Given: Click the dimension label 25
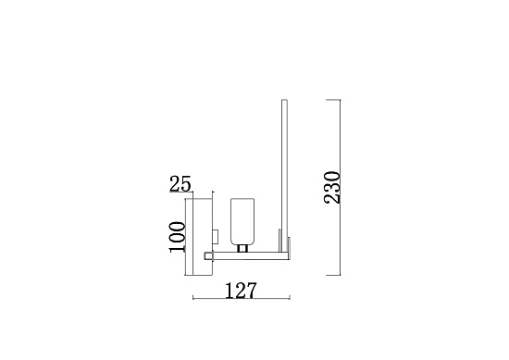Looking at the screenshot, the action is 180,184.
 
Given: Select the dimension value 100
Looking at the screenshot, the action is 177,237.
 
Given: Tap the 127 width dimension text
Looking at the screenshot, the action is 241,291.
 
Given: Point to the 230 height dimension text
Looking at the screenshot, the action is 332,187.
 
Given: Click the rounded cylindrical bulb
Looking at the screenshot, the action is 242,221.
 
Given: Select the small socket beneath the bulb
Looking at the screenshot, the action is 242,249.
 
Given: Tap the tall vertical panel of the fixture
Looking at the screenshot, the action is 284,176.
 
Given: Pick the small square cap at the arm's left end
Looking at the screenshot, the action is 208,256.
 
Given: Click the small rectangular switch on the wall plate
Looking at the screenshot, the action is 215,237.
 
